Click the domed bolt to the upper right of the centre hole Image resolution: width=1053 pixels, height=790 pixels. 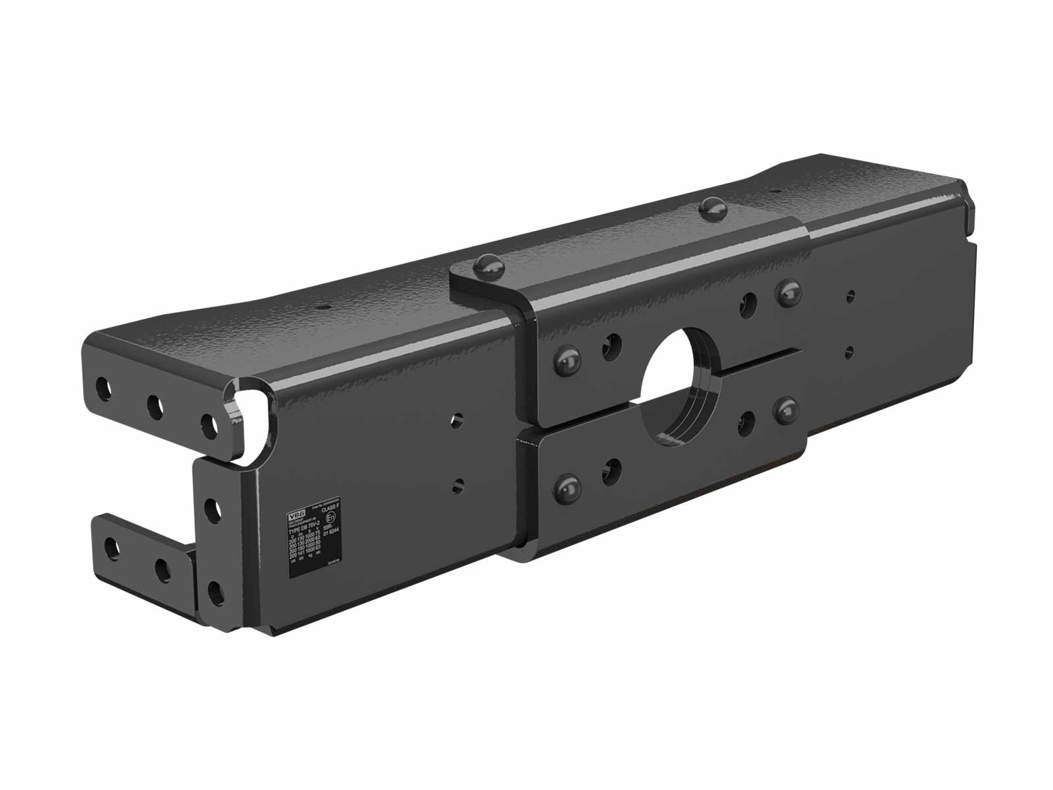[x=788, y=290]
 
